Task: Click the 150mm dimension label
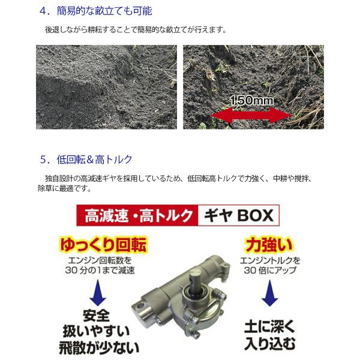click(251, 101)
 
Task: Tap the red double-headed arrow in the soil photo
click(251, 115)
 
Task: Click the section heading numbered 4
click(96, 11)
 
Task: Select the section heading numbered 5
click(86, 160)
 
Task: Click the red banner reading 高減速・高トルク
click(137, 215)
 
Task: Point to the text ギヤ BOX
click(239, 215)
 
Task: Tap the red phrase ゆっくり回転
click(103, 245)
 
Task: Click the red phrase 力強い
click(269, 245)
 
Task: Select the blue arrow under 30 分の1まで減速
click(98, 293)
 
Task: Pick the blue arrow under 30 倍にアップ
click(270, 293)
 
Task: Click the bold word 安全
click(97, 316)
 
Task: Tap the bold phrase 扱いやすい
click(97, 331)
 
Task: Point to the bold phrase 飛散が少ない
click(99, 348)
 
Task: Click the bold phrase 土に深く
click(270, 327)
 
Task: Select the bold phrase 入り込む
click(270, 343)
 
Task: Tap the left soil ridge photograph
click(107, 87)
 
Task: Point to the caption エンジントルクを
click(270, 260)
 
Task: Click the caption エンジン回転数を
click(100, 260)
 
